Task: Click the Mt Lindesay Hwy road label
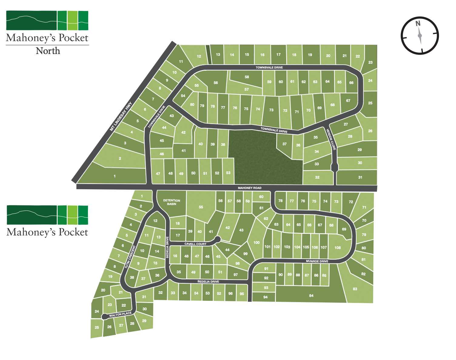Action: click(x=121, y=117)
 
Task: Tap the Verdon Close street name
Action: click(x=331, y=139)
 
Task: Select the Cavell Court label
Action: click(x=195, y=244)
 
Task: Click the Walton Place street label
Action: click(x=120, y=315)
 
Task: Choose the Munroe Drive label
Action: click(x=317, y=261)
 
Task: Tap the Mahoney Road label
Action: click(x=250, y=188)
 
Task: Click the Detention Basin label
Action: click(x=172, y=202)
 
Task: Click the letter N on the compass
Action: click(x=418, y=24)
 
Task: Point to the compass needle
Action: click(x=420, y=35)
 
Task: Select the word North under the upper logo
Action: click(x=48, y=51)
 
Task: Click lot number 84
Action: click(x=311, y=296)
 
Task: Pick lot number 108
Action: click(x=337, y=248)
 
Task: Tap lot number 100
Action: click(x=256, y=243)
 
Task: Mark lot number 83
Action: click(x=355, y=289)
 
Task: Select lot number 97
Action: click(x=236, y=275)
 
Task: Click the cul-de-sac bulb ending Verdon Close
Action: click(x=334, y=167)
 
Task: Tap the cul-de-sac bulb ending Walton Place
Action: click(x=104, y=317)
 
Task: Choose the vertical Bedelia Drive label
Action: click(x=167, y=247)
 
